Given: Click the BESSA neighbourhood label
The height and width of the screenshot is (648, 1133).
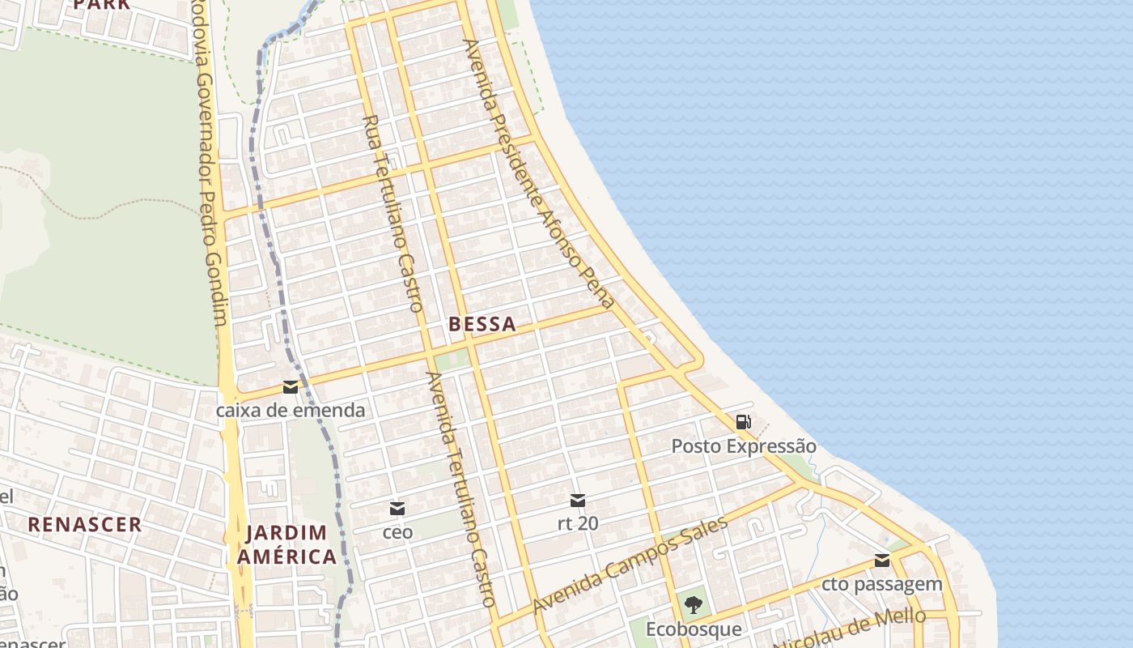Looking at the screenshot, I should pyautogui.click(x=482, y=324).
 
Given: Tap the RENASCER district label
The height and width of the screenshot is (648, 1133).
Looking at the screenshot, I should pyautogui.click(x=85, y=524).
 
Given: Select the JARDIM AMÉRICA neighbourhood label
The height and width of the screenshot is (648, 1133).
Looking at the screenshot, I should pyautogui.click(x=286, y=544).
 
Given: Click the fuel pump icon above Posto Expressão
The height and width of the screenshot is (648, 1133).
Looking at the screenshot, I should pyautogui.click(x=743, y=421).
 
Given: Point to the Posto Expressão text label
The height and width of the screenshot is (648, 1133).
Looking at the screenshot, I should pyautogui.click(x=744, y=446).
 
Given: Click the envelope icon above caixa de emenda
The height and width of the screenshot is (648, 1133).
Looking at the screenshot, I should pyautogui.click(x=290, y=387).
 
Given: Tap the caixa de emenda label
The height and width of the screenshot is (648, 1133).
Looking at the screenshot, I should pyautogui.click(x=290, y=410).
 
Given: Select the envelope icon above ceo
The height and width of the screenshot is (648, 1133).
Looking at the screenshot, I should pyautogui.click(x=397, y=509).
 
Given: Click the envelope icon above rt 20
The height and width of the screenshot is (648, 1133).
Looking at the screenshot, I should pyautogui.click(x=578, y=501).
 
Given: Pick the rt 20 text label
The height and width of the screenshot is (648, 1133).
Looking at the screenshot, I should pyautogui.click(x=578, y=523).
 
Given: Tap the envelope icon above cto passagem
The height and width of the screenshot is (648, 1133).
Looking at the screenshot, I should pyautogui.click(x=882, y=561).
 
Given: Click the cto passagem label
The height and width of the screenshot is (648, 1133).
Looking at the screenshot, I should pyautogui.click(x=882, y=583).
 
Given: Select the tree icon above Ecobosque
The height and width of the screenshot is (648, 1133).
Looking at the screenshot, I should pyautogui.click(x=693, y=604).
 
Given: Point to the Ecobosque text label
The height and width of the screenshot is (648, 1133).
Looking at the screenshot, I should pyautogui.click(x=693, y=629).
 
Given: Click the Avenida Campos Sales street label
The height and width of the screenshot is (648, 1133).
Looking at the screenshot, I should pyautogui.click(x=630, y=565).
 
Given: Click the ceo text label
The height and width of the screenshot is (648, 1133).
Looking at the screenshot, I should pyautogui.click(x=397, y=532).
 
